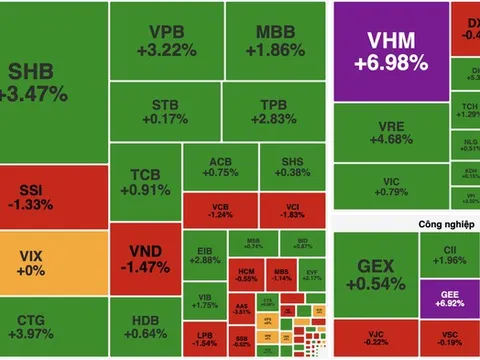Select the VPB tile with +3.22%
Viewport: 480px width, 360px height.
[x=165, y=39]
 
